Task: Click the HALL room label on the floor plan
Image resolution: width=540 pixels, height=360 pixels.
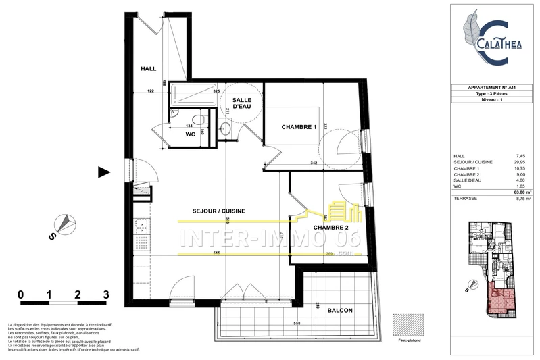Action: (148, 69)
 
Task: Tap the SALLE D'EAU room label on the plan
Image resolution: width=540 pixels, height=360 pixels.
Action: (243, 103)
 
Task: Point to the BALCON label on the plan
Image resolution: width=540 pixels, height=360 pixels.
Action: (339, 310)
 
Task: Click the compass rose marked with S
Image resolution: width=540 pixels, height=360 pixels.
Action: (62, 225)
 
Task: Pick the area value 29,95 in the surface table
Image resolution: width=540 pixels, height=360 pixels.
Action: (517, 162)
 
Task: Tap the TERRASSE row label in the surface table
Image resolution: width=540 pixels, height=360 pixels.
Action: (467, 199)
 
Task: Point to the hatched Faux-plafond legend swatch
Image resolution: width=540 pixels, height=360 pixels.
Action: (410, 324)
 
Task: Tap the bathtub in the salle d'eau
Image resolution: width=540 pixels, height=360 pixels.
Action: (193, 94)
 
